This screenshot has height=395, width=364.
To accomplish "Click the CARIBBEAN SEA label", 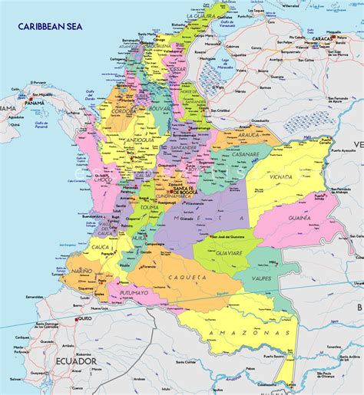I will pos(49,27).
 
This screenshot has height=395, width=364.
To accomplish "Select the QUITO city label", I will pos(84,318).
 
